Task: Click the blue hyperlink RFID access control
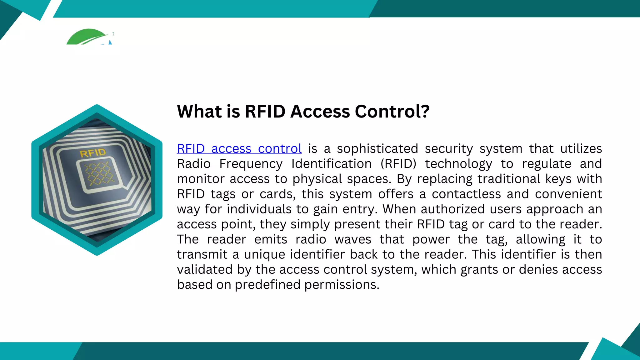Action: (239, 149)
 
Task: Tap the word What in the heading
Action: (200, 112)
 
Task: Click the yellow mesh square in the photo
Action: (99, 174)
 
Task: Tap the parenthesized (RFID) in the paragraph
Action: (398, 164)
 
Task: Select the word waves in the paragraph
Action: (353, 239)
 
